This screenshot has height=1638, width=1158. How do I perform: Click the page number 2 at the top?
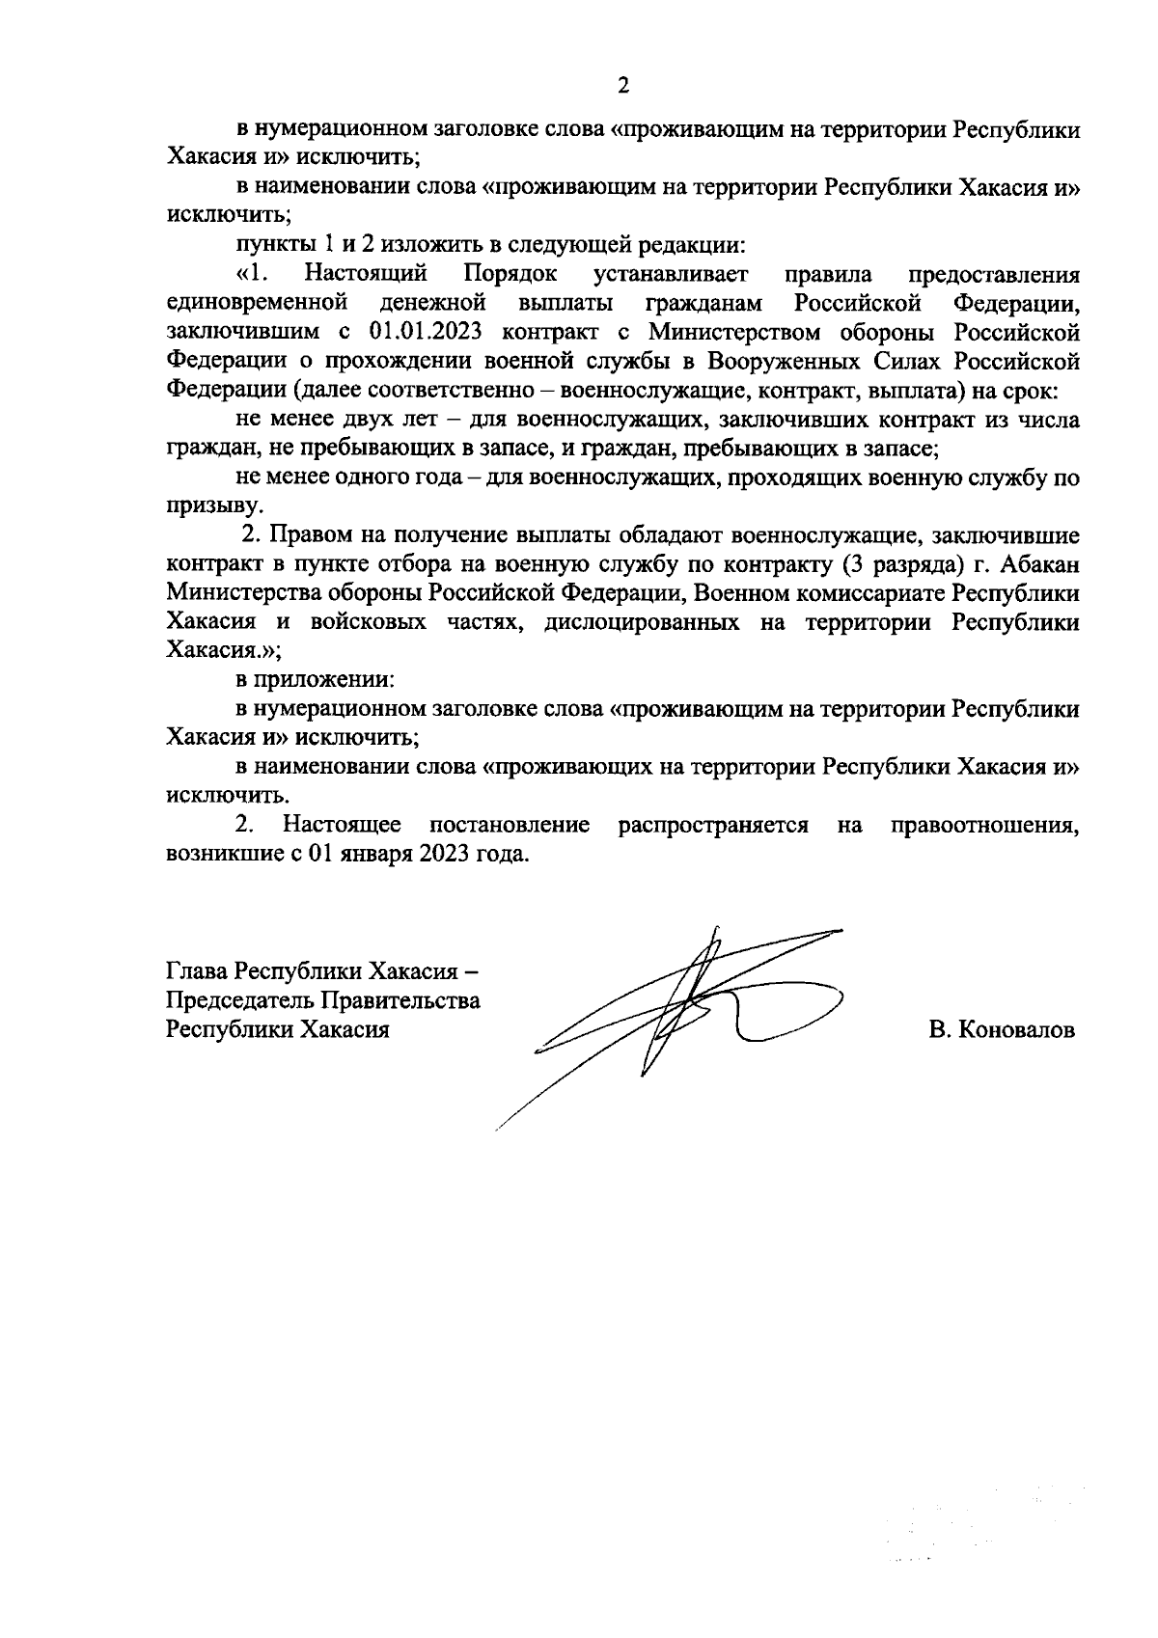(x=623, y=86)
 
